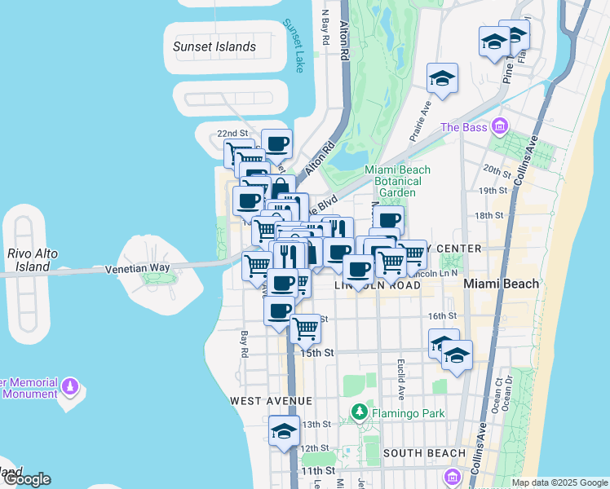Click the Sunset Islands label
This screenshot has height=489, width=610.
[214, 46]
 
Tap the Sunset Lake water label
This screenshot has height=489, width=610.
[293, 46]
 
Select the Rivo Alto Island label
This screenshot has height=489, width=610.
[33, 260]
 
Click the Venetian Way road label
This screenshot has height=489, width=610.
[136, 267]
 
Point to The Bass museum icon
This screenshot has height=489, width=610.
[500, 127]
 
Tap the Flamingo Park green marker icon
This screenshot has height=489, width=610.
[357, 412]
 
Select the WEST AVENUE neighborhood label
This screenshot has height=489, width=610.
[259, 401]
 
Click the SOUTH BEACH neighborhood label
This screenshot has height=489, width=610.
[423, 453]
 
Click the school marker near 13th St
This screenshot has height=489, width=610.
[284, 432]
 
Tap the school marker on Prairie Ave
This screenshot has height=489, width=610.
[442, 79]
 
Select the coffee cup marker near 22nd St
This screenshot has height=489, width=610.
[276, 143]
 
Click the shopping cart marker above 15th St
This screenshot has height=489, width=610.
[305, 328]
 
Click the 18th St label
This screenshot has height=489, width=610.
[488, 215]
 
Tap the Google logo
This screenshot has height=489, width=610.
[26, 479]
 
